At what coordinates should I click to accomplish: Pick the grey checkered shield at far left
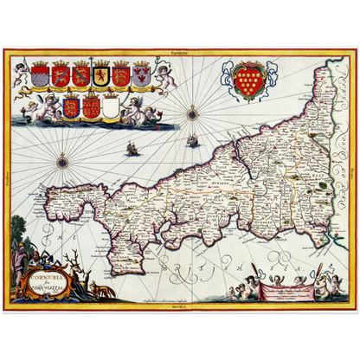click(39, 76)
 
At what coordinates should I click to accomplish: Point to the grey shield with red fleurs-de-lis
click(143, 76)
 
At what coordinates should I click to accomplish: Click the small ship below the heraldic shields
click(132, 149)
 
